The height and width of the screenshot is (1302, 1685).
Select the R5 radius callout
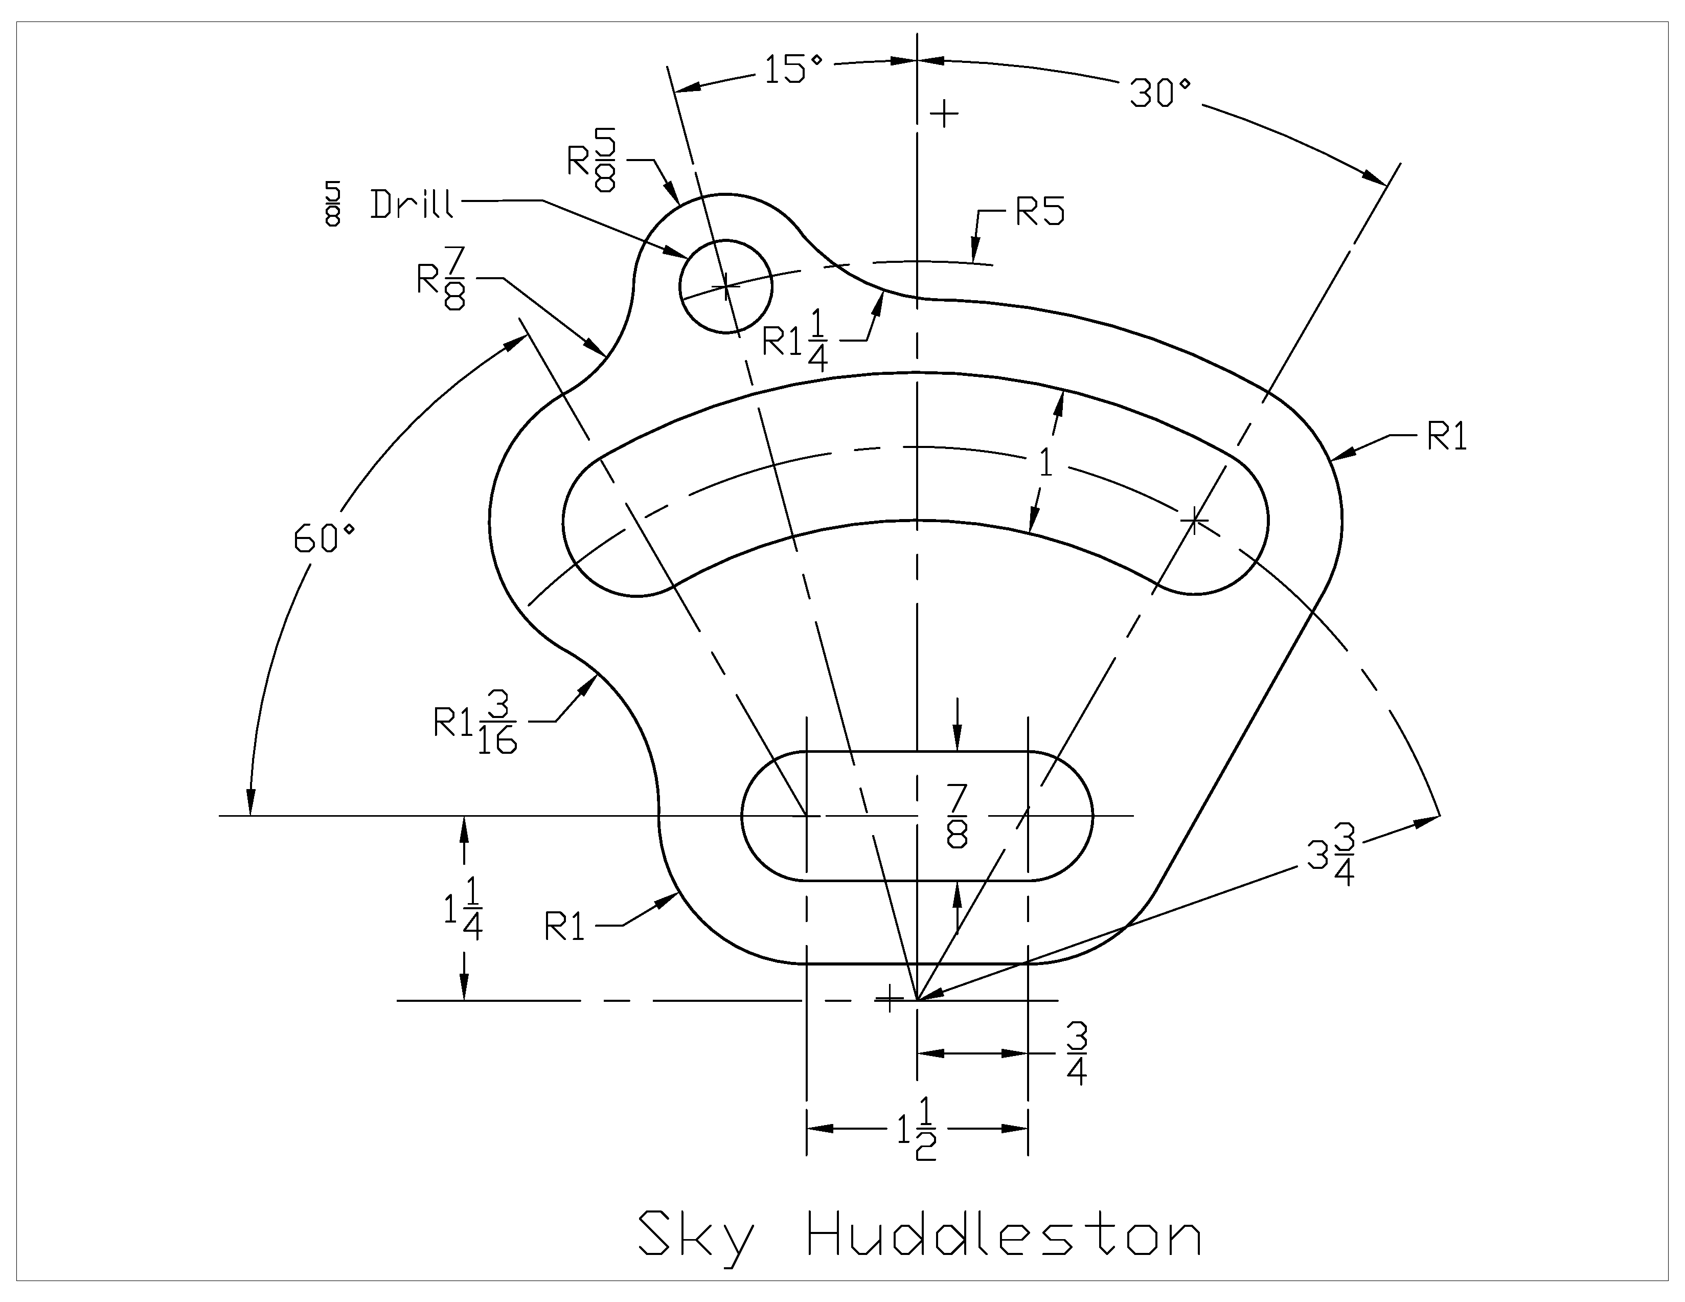(x=1039, y=212)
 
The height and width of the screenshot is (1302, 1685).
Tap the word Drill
(x=411, y=205)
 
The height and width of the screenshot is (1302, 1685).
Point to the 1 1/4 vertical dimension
(x=463, y=911)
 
